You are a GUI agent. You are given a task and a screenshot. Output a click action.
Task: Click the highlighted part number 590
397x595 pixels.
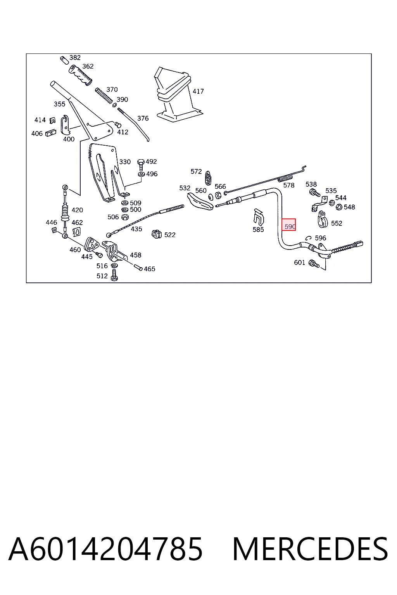[289, 225]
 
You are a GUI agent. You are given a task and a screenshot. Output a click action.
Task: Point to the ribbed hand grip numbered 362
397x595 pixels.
[81, 76]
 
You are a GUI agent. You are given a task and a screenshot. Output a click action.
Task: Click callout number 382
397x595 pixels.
[75, 58]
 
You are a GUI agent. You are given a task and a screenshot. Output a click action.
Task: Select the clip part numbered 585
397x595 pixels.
[259, 217]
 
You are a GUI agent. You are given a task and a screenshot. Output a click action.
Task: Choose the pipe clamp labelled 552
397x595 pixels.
[323, 219]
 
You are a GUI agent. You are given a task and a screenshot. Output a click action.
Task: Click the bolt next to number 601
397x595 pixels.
[314, 263]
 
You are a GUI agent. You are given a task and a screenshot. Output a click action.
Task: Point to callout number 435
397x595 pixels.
[136, 229]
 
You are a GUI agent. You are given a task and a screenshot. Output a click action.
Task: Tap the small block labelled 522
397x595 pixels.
[157, 234]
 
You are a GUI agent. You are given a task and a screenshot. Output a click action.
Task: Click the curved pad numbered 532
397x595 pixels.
[200, 201]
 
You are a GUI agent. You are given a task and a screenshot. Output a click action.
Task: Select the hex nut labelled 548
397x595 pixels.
[339, 206]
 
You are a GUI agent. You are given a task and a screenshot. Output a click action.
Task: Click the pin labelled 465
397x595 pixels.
[138, 267]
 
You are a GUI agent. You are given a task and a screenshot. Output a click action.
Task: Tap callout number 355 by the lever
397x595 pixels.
[59, 104]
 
